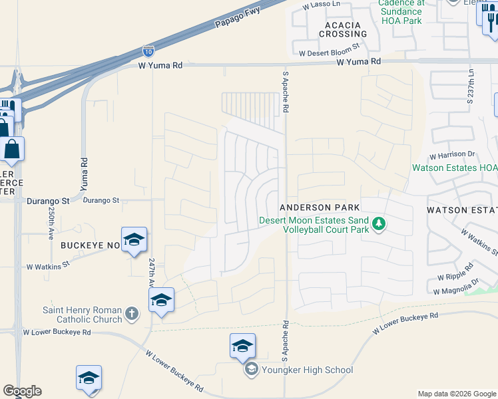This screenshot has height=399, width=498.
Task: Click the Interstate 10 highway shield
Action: pos(148,50)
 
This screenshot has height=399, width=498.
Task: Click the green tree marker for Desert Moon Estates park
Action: pos(379,223)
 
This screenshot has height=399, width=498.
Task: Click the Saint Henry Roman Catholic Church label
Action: pos(83,315)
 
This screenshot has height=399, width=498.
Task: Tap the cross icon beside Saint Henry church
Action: pos(132,313)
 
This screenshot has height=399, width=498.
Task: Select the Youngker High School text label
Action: pos(307,370)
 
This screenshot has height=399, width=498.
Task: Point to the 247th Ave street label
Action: pos(151,272)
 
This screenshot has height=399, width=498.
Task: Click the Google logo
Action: pos(22,391)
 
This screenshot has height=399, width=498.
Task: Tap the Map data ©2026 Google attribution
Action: pos(457,394)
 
